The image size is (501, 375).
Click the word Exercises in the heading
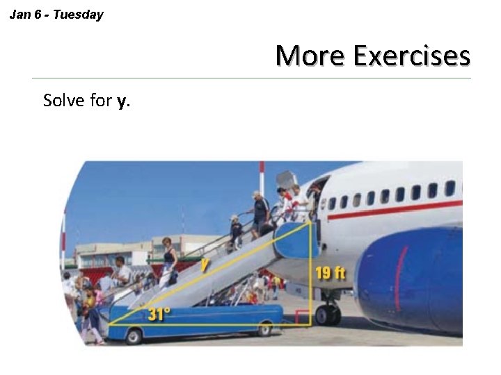coord(411,56)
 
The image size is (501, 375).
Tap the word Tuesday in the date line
coord(78,15)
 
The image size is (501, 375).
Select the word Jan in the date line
coord(20,15)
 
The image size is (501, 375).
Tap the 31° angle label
coord(159,314)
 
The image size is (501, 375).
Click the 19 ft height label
coord(330,273)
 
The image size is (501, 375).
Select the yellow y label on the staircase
coord(205,265)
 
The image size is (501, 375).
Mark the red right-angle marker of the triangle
coord(302,318)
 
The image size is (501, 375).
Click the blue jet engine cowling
coord(411,278)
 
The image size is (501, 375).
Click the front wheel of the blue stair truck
coord(134,337)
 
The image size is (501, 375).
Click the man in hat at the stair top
coord(261,212)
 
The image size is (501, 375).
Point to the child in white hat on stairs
coord(236,231)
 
